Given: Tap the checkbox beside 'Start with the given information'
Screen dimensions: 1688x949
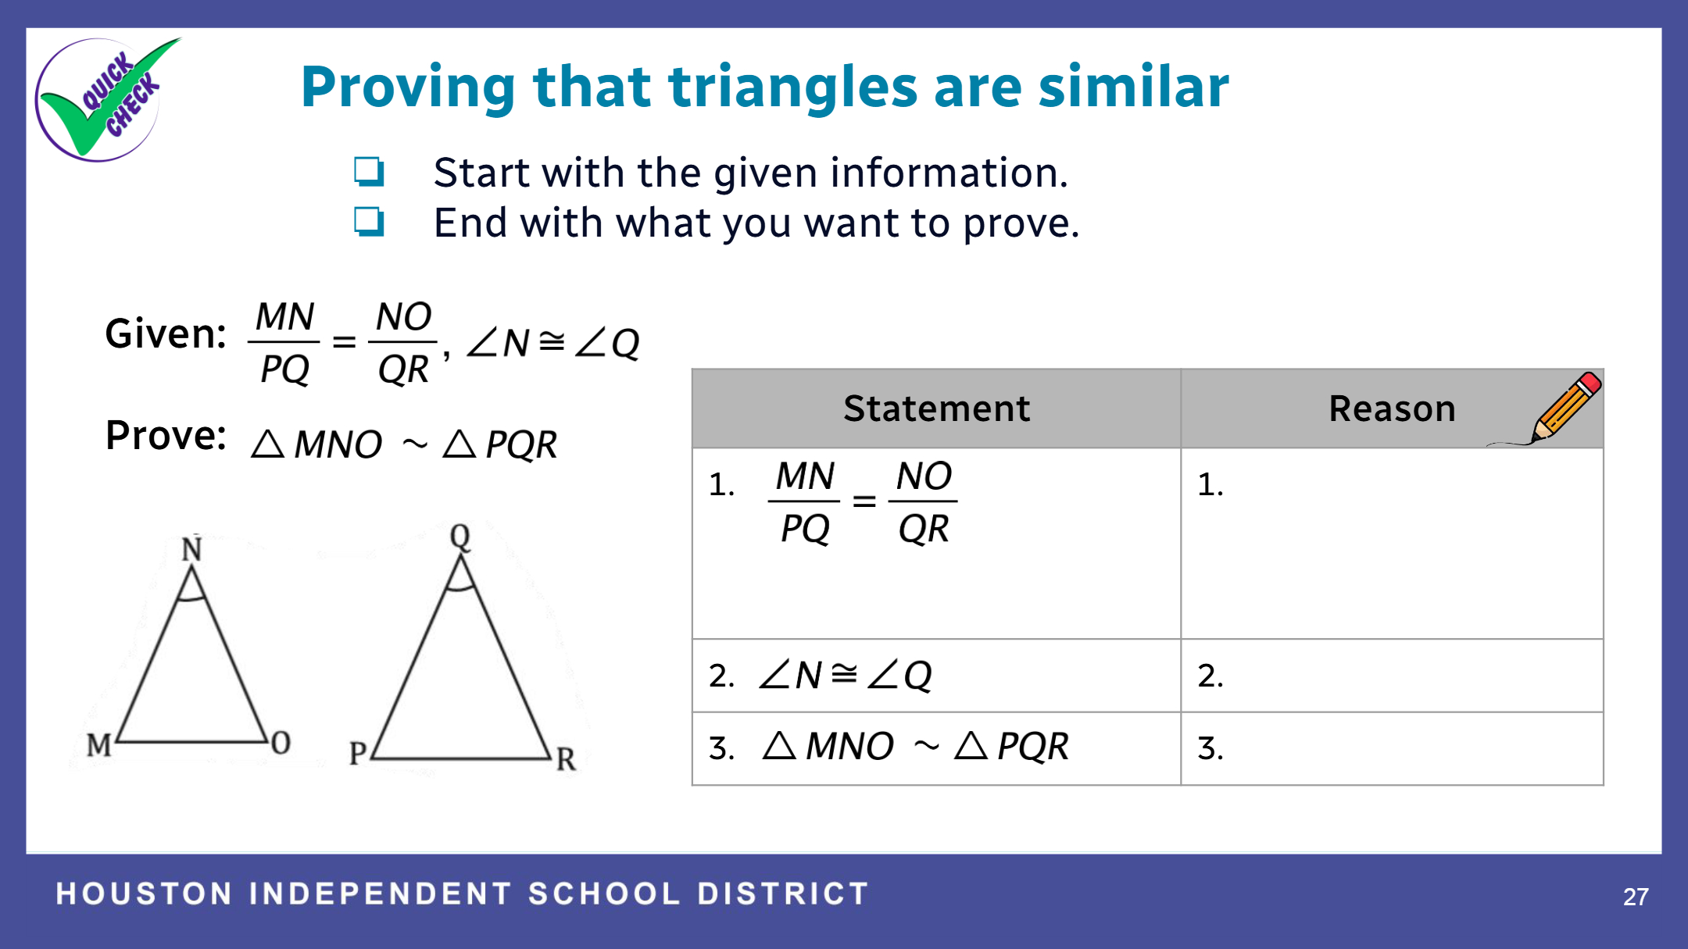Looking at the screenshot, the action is pyautogui.click(x=369, y=171).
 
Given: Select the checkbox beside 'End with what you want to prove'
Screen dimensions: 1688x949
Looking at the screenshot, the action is pyautogui.click(x=369, y=221).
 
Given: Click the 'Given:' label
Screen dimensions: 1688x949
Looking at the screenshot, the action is pyautogui.click(x=166, y=334).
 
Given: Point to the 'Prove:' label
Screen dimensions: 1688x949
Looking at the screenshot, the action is pyautogui.click(x=166, y=435).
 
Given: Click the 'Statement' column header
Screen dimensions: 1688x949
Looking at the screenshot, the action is pyautogui.click(x=936, y=408).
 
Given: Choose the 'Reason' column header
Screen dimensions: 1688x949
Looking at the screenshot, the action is pyautogui.click(x=1392, y=408).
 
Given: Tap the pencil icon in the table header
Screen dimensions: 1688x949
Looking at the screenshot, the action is pyautogui.click(x=1555, y=408).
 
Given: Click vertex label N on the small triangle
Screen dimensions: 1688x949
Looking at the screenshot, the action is pyautogui.click(x=191, y=549).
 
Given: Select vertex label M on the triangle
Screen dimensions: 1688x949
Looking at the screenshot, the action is pyautogui.click(x=99, y=745).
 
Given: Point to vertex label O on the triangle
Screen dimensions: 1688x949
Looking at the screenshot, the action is pyautogui.click(x=281, y=742).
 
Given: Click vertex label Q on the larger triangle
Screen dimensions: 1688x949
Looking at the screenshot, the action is pyautogui.click(x=460, y=537).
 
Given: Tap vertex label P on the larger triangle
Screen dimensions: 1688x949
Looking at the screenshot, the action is pyautogui.click(x=358, y=754).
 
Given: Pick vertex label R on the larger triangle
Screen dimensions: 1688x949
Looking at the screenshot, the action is pyautogui.click(x=566, y=758).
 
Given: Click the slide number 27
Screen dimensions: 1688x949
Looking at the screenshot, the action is pyautogui.click(x=1636, y=897).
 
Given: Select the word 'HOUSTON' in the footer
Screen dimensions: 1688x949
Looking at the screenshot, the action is pyautogui.click(x=145, y=894).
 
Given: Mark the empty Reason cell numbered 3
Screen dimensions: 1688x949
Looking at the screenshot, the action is pyautogui.click(x=1392, y=748).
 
